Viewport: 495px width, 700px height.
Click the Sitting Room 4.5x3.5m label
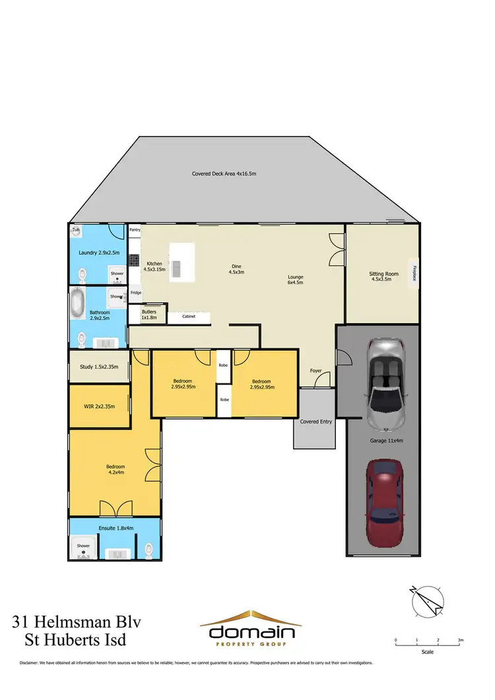click(x=383, y=276)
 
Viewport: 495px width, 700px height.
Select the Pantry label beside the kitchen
click(x=135, y=230)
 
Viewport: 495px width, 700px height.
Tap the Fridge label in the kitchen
click(x=135, y=292)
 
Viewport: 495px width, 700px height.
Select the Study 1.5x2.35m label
click(x=99, y=366)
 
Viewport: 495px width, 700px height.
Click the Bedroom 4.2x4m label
click(x=116, y=469)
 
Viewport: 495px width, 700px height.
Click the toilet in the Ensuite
click(x=149, y=548)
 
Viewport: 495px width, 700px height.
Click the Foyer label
click(x=316, y=371)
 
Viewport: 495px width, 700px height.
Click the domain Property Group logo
click(x=252, y=630)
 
